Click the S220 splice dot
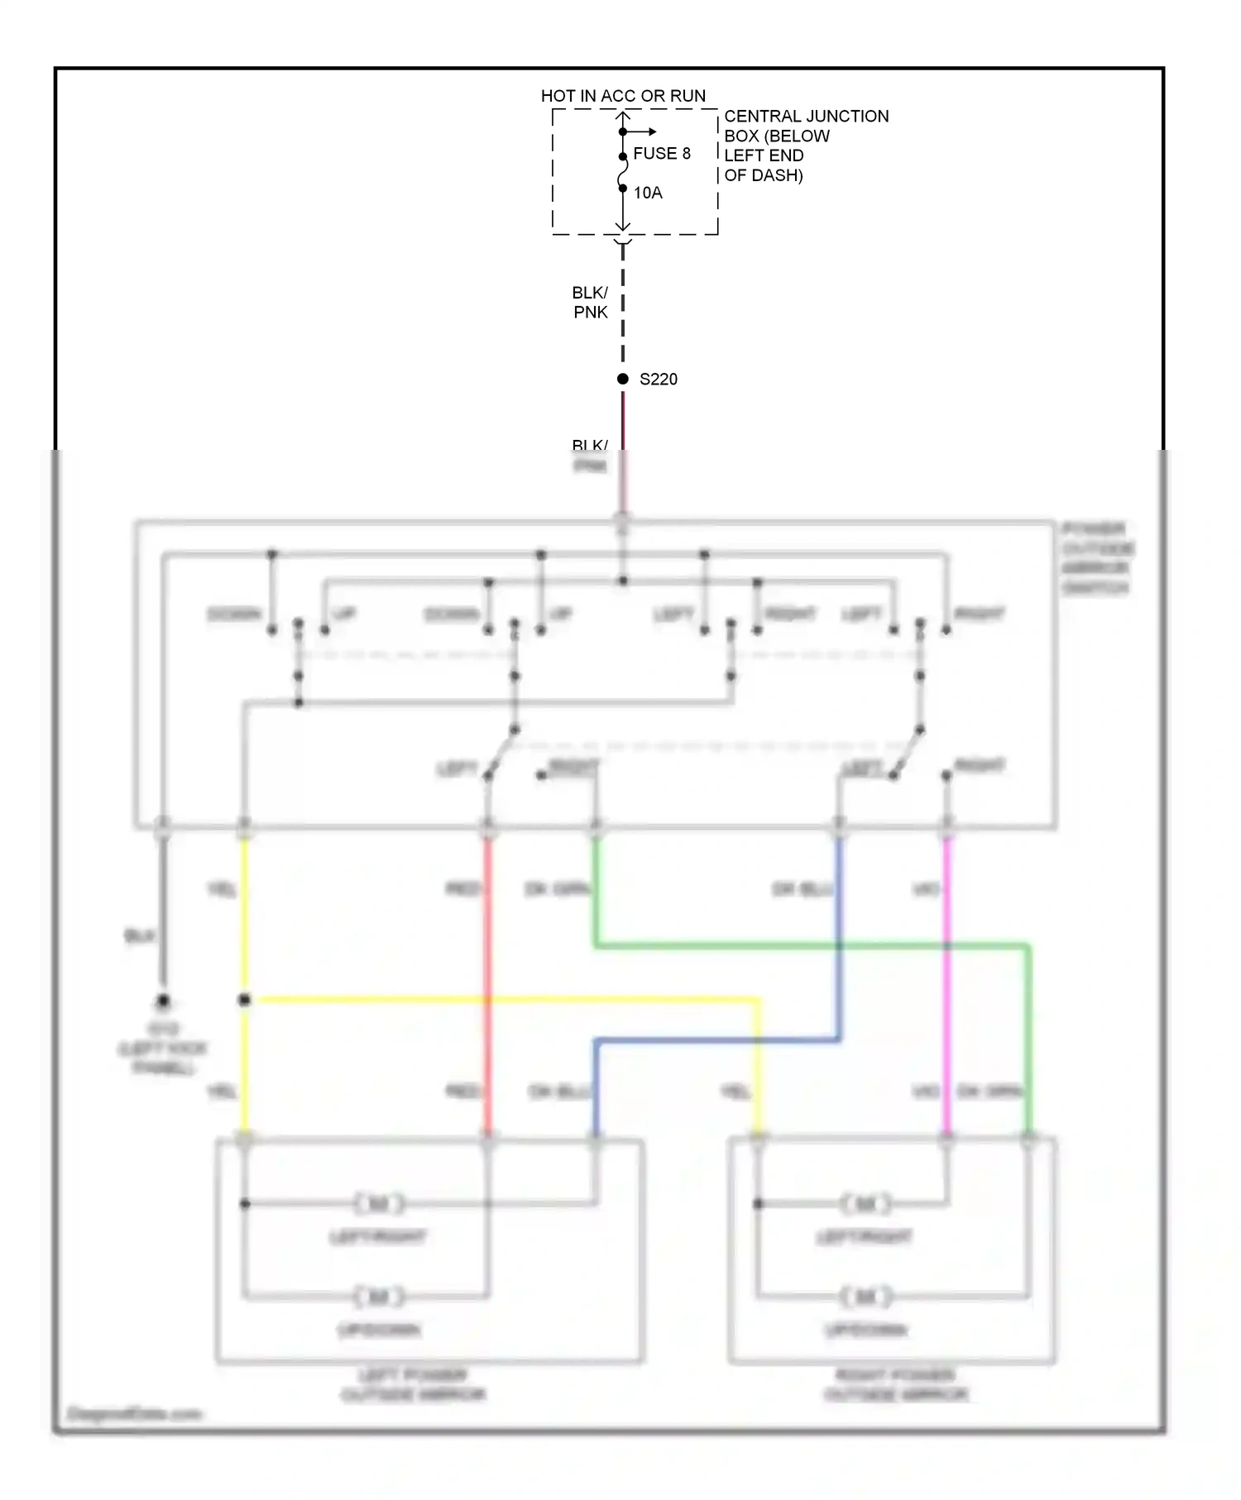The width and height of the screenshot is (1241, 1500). click(x=623, y=379)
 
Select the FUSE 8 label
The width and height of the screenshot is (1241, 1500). click(x=661, y=154)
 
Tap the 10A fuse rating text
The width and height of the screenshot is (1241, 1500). click(x=648, y=193)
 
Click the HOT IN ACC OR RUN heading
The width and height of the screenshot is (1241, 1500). click(x=623, y=96)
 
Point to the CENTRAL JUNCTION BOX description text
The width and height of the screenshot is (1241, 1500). click(x=805, y=146)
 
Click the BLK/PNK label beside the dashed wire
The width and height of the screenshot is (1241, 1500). click(x=590, y=303)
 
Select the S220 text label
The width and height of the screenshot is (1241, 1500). click(x=659, y=380)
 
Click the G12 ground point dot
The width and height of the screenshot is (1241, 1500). click(x=163, y=1001)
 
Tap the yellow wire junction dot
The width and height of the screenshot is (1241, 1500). click(x=244, y=1000)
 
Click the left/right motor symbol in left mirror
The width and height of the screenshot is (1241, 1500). click(x=379, y=1204)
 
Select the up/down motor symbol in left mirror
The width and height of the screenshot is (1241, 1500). click(x=379, y=1296)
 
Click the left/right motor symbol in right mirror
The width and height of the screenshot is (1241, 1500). click(x=865, y=1204)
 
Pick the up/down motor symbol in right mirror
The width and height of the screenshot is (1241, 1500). click(x=865, y=1296)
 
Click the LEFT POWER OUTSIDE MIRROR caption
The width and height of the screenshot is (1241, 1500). click(x=413, y=1385)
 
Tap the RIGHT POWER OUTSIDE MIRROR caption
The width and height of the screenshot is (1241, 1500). click(x=895, y=1385)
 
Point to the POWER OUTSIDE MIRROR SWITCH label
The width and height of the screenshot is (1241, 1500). click(x=1097, y=558)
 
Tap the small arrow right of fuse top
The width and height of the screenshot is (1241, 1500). click(x=649, y=131)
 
